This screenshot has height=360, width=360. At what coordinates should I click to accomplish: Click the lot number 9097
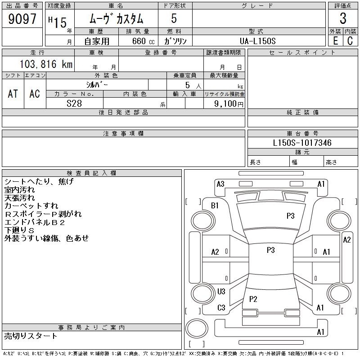(x=22, y=19)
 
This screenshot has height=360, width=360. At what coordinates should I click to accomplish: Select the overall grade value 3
(x=343, y=18)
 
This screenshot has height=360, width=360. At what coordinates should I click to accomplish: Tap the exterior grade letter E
(x=335, y=40)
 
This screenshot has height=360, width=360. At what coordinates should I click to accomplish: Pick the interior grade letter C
(x=350, y=40)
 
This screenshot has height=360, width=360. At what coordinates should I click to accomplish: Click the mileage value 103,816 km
(x=46, y=64)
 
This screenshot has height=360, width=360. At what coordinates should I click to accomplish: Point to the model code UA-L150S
(x=257, y=41)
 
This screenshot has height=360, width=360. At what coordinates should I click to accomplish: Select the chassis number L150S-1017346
(x=302, y=143)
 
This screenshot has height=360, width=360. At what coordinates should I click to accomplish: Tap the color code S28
(x=74, y=103)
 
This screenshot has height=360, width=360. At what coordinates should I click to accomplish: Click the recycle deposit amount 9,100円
(x=229, y=104)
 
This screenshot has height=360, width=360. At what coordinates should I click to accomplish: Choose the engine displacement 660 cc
(x=143, y=41)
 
